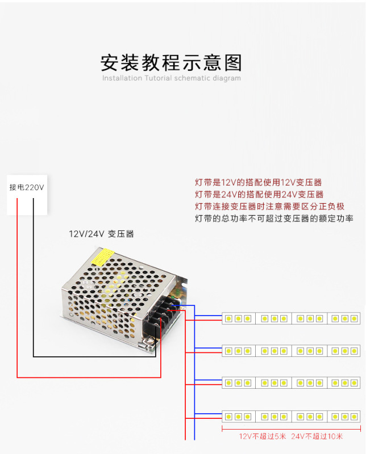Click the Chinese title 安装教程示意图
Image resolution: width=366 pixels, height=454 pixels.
tap(171, 62)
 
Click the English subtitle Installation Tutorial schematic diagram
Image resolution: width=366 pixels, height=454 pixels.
tap(171, 78)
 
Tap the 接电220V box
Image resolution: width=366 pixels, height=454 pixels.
tap(27, 187)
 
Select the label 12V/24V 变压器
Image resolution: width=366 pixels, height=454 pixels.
tap(101, 234)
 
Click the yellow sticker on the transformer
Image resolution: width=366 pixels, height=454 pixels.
tap(104, 258)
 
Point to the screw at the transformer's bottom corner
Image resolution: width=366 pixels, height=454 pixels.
tap(148, 341)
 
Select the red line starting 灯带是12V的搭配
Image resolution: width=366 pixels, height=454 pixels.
tap(258, 182)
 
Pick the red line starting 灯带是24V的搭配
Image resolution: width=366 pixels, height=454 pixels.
tap(259, 194)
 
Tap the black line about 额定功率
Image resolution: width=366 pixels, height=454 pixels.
tap(274, 218)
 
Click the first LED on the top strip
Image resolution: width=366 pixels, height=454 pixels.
tap(228, 318)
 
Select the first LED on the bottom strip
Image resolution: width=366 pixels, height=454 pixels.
tap(228, 417)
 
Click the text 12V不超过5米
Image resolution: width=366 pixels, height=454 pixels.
tap(262, 436)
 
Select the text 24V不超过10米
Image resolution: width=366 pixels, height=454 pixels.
tap(317, 436)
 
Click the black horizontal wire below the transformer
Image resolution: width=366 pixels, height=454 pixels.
tap(91, 356)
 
